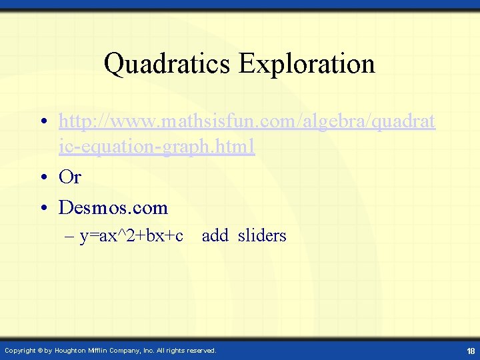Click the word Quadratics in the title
pyautogui.click(x=167, y=65)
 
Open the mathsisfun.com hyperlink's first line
pyautogui.click(x=247, y=122)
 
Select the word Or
pyautogui.click(x=69, y=177)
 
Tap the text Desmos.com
pyautogui.click(x=113, y=208)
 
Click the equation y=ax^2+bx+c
pyautogui.click(x=131, y=236)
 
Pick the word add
pyautogui.click(x=215, y=236)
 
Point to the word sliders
pyautogui.click(x=261, y=236)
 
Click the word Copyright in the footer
pyautogui.click(x=19, y=351)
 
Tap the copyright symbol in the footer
pyautogui.click(x=39, y=351)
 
